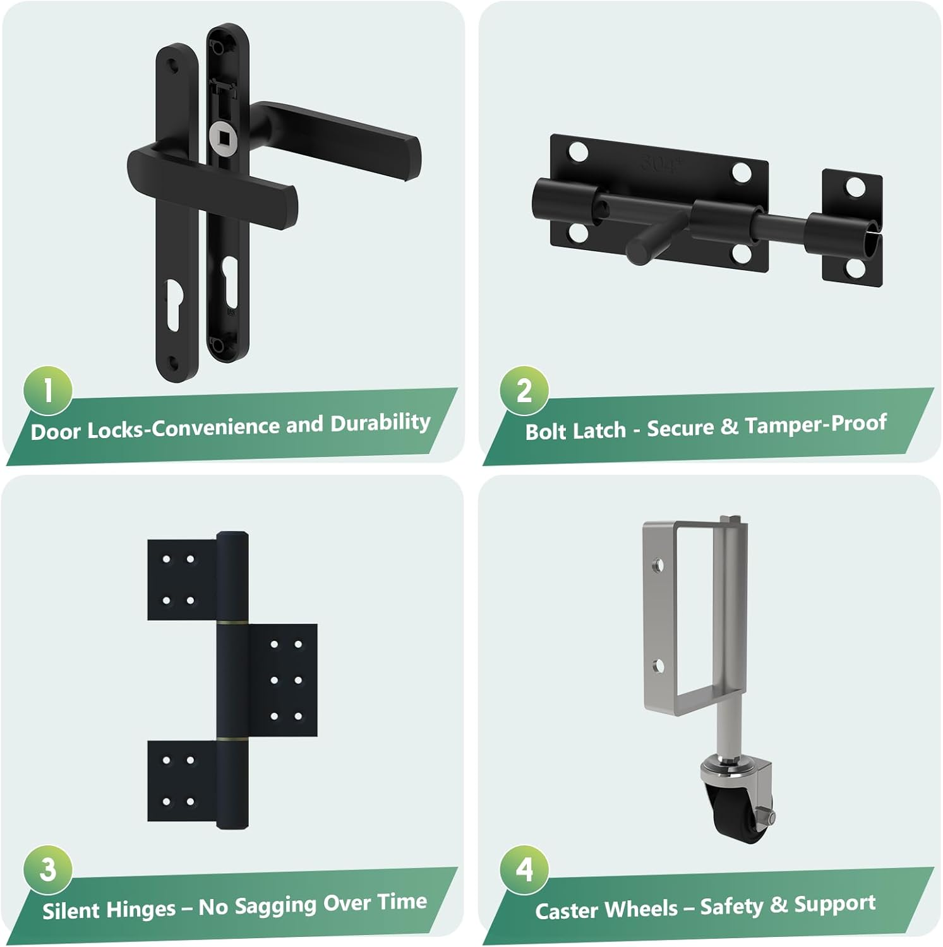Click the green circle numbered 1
(x=48, y=391)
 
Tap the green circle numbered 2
(x=524, y=391)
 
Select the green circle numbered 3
(x=48, y=870)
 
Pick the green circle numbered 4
(x=524, y=870)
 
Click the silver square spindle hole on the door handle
(x=221, y=134)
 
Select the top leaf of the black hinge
(x=182, y=580)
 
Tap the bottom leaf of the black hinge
(x=182, y=781)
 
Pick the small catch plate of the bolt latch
(x=851, y=227)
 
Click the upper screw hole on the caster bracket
(x=658, y=564)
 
